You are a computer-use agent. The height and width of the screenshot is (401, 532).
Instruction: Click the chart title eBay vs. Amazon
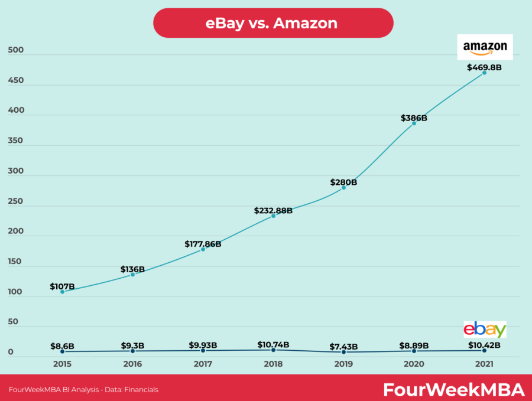271,23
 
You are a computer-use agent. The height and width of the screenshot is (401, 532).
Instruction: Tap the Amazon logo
485,47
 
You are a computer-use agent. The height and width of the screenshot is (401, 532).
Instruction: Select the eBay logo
485,330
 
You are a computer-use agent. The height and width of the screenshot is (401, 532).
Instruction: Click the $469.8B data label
484,67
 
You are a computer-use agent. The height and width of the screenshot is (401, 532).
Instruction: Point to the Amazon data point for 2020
414,123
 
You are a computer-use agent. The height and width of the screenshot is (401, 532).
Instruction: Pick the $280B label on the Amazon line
343,182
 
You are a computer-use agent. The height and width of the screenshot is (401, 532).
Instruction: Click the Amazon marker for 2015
62,292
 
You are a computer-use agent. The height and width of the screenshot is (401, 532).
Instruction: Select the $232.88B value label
273,210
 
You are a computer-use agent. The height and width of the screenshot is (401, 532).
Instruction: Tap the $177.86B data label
203,243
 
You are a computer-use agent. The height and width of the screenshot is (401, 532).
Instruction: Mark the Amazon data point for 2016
132,275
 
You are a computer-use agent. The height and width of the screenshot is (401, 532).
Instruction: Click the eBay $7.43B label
343,345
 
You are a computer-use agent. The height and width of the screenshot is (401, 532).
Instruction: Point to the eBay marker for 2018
273,350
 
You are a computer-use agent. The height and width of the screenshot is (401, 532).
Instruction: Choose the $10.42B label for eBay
484,345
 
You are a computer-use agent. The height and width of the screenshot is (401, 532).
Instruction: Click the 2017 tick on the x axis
203,364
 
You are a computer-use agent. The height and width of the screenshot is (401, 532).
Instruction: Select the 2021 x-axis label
484,364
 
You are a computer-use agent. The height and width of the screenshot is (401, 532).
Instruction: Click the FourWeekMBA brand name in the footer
453,390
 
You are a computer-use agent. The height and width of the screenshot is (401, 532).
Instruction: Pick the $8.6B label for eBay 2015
62,345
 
